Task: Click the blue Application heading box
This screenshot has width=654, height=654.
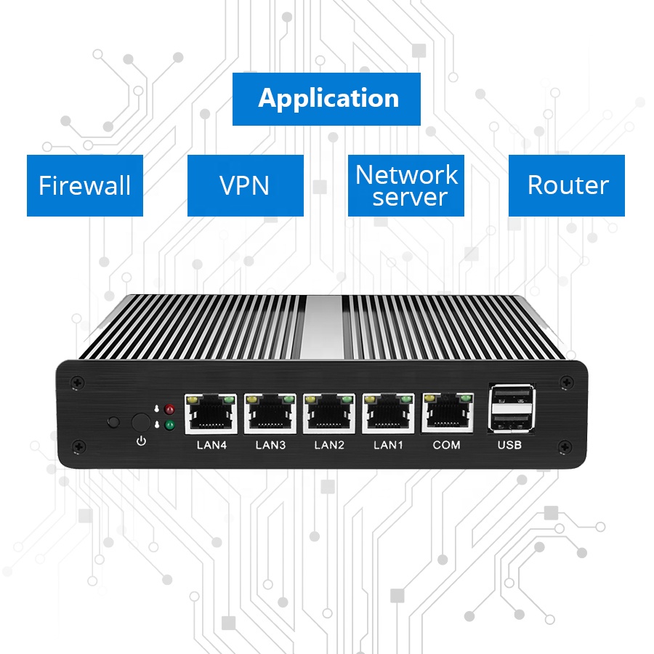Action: point(326,99)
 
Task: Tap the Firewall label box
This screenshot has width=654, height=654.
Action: point(85,185)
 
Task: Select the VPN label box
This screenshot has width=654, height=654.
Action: point(245,185)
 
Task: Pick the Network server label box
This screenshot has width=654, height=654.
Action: point(405,185)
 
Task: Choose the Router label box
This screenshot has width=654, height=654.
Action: point(566,185)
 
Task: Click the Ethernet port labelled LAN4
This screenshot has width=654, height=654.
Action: point(212,413)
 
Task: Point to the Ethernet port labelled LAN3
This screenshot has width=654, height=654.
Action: point(270,413)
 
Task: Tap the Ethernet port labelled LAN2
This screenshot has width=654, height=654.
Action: point(329,413)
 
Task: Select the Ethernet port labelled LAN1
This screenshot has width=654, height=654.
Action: point(388,413)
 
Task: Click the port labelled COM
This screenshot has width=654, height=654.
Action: point(446,413)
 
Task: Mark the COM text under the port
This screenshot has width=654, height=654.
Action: point(446,445)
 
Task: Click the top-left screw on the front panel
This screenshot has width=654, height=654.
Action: point(79,380)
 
